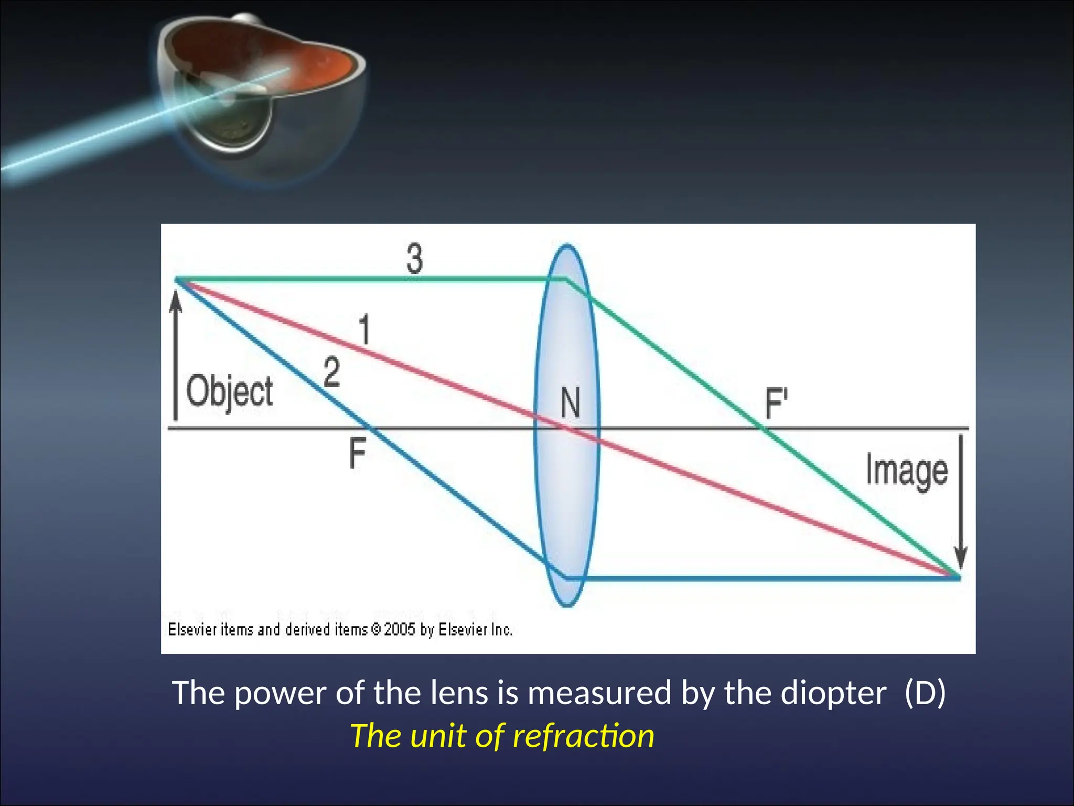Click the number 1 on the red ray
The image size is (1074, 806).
pyautogui.click(x=364, y=329)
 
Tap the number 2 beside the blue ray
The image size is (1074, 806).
pyautogui.click(x=331, y=372)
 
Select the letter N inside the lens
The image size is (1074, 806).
pyautogui.click(x=570, y=403)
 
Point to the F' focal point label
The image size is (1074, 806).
pyautogui.click(x=776, y=403)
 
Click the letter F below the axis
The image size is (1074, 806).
pyautogui.click(x=357, y=454)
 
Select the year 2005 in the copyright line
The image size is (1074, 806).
pyautogui.click(x=400, y=629)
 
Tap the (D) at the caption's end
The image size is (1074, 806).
pyautogui.click(x=925, y=693)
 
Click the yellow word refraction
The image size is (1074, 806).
pyautogui.click(x=583, y=736)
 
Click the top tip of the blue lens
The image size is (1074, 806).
pyautogui.click(x=567, y=246)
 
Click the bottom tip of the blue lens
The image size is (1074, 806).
pyautogui.click(x=567, y=606)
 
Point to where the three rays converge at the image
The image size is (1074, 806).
pyautogui.click(x=957, y=577)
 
